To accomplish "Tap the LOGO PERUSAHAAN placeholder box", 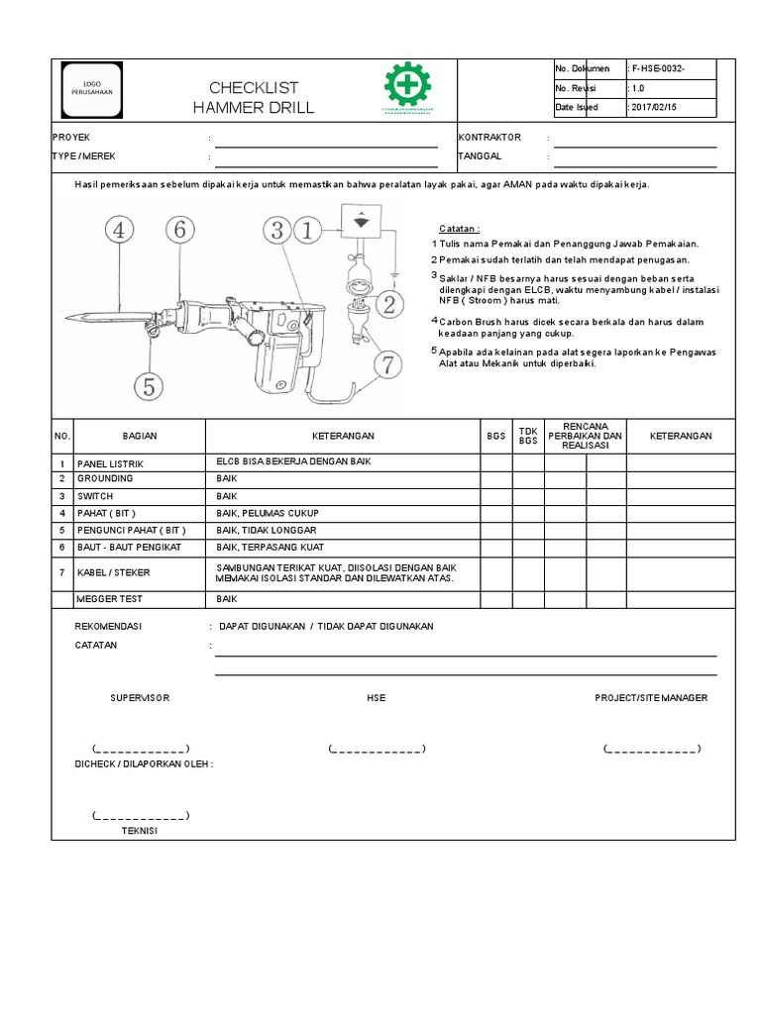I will point(92,87).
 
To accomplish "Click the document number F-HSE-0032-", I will point(659,68).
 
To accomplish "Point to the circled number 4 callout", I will point(120,231).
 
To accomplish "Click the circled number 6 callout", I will point(179,231).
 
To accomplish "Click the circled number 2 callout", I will point(389,305).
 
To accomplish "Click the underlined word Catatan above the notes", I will point(459,229).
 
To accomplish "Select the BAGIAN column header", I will point(140,436).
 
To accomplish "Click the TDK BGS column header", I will point(528,436).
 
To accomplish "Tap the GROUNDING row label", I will point(104,478).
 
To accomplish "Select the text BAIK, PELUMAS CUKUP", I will point(268,513).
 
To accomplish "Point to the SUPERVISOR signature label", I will point(140,698).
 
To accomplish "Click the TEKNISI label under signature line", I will point(140,831).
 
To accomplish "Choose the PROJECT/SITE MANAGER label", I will point(651,698).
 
